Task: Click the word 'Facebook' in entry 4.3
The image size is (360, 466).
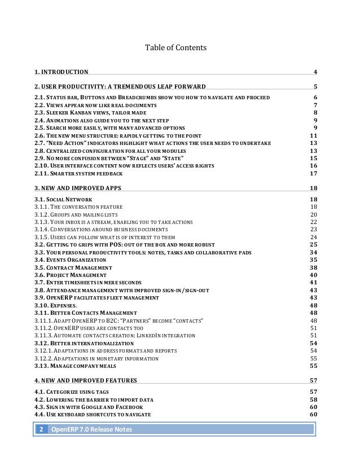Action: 128,406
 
